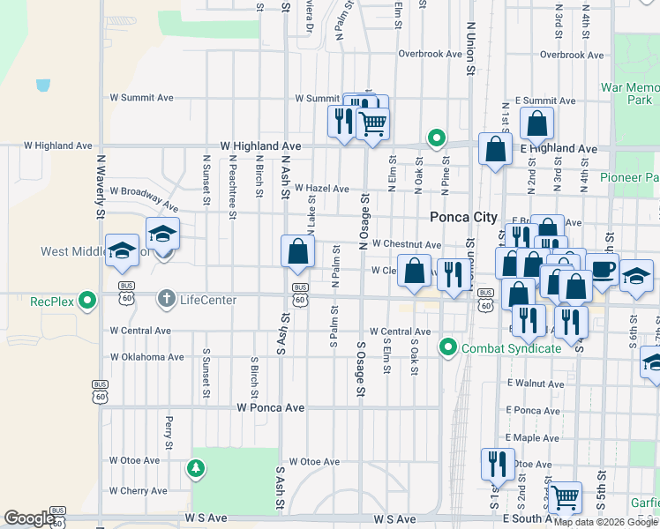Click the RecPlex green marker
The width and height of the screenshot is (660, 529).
tap(86, 301)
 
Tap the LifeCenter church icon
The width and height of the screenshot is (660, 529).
tap(165, 299)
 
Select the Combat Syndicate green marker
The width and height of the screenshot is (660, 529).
tap(448, 348)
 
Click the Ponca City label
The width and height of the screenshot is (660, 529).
tap(463, 217)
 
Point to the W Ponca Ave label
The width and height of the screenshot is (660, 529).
tap(271, 408)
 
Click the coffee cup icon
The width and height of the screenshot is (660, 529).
tap(602, 269)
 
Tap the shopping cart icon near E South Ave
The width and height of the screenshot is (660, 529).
tap(565, 498)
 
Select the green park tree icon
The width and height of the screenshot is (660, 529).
tap(195, 469)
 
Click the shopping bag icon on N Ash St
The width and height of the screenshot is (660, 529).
tap(298, 251)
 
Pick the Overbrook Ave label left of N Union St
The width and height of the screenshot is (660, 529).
tap(430, 54)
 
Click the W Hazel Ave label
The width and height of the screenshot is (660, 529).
tap(322, 189)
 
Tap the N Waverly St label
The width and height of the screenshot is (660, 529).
tap(101, 187)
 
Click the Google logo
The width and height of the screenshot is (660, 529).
tap(28, 518)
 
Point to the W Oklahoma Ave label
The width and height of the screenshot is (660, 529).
tap(146, 357)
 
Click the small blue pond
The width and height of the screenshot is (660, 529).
tap(43, 86)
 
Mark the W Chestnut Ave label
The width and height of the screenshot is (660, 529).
tap(406, 244)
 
